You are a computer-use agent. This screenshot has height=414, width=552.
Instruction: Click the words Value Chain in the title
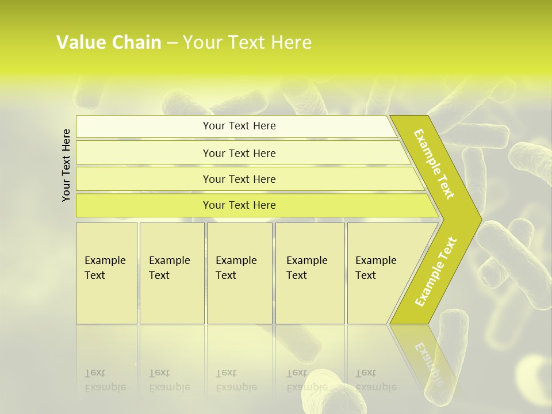click(x=109, y=42)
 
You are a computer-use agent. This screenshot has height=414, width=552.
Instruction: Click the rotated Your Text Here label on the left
click(x=67, y=165)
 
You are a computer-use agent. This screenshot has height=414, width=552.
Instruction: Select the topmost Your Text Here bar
click(x=239, y=126)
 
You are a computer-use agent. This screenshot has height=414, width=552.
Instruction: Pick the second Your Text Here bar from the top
click(x=239, y=153)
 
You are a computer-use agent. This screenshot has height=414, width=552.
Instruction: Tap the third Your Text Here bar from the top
click(x=239, y=179)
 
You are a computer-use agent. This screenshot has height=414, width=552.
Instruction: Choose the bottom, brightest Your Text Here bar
click(x=239, y=205)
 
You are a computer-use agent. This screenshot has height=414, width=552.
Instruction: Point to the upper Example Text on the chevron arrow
click(x=434, y=164)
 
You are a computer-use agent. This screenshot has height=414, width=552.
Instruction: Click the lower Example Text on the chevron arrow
click(x=435, y=272)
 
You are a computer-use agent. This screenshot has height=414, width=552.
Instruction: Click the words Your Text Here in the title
click(x=247, y=42)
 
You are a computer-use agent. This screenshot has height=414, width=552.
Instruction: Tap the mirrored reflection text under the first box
click(x=105, y=380)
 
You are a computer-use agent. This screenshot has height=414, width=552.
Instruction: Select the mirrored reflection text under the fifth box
click(x=375, y=380)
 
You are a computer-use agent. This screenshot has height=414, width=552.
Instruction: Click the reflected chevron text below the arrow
click(x=428, y=362)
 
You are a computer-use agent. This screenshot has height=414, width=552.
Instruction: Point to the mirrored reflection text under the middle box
click(x=236, y=380)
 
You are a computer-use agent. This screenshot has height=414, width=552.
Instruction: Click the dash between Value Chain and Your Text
click(x=172, y=43)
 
